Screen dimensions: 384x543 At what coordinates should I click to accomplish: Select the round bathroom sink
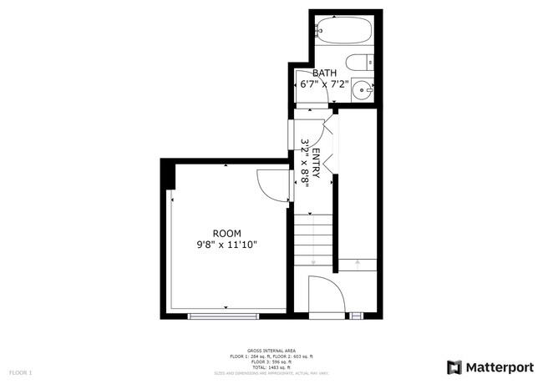point(362,89)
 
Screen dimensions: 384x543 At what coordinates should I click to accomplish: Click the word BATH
point(324,73)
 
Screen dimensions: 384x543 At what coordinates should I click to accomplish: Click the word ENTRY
point(316,159)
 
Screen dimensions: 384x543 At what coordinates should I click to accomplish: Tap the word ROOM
point(226,233)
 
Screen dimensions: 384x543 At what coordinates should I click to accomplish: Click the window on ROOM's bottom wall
point(222,316)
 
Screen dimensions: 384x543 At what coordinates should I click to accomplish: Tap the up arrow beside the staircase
point(357,263)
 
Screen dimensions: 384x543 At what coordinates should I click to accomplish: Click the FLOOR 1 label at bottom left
point(20,371)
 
